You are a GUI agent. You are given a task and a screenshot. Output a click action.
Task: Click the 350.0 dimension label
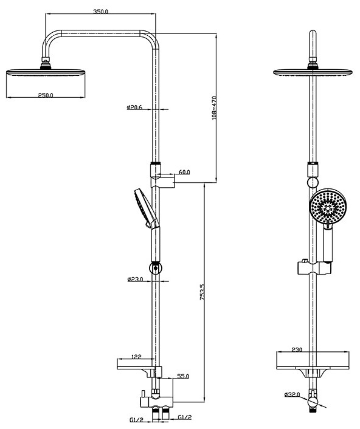click(x=101, y=12)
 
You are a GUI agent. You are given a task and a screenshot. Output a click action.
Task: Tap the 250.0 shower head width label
click(x=46, y=95)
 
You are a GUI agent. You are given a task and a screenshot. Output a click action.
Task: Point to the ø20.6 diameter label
click(x=134, y=107)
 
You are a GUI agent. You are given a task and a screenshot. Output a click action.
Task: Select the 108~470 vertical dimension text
click(x=214, y=108)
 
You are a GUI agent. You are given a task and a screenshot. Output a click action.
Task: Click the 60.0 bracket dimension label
click(x=184, y=172)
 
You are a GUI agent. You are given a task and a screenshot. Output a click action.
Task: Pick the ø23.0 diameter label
click(x=135, y=279)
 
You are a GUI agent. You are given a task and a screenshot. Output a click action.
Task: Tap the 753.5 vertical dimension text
click(x=202, y=292)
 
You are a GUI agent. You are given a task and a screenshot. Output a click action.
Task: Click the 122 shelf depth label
click(x=136, y=357)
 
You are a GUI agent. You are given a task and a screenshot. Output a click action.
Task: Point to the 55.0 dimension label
click(x=183, y=376)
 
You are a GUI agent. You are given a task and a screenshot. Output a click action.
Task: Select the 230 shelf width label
click(x=297, y=349)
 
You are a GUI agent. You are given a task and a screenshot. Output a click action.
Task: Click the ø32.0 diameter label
click(x=292, y=394)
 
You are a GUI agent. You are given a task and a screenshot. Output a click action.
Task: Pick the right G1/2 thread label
click(x=185, y=417)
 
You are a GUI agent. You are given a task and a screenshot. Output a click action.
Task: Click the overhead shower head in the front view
click(x=313, y=72)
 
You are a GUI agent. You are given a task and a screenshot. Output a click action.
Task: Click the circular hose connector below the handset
click(x=156, y=267)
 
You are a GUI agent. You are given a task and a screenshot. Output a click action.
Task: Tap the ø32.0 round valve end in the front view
click(x=313, y=402)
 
